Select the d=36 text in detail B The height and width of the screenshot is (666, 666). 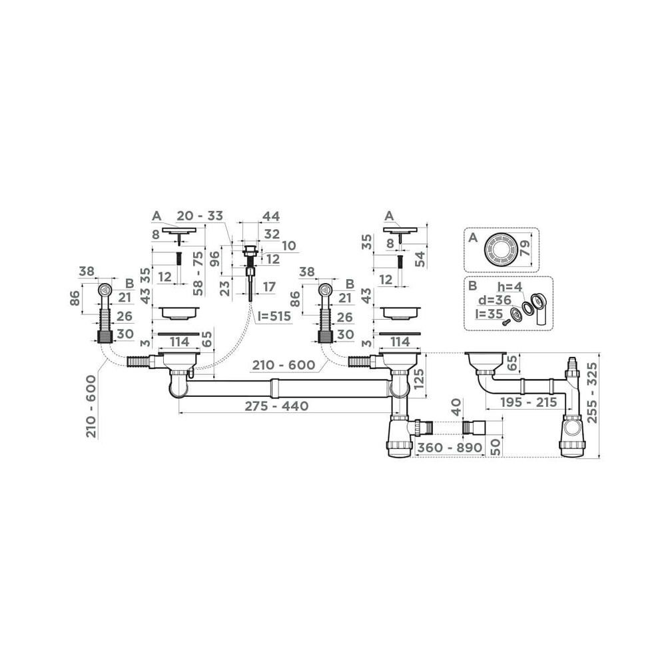click(x=493, y=301)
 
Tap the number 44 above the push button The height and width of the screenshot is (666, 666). click(x=271, y=216)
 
